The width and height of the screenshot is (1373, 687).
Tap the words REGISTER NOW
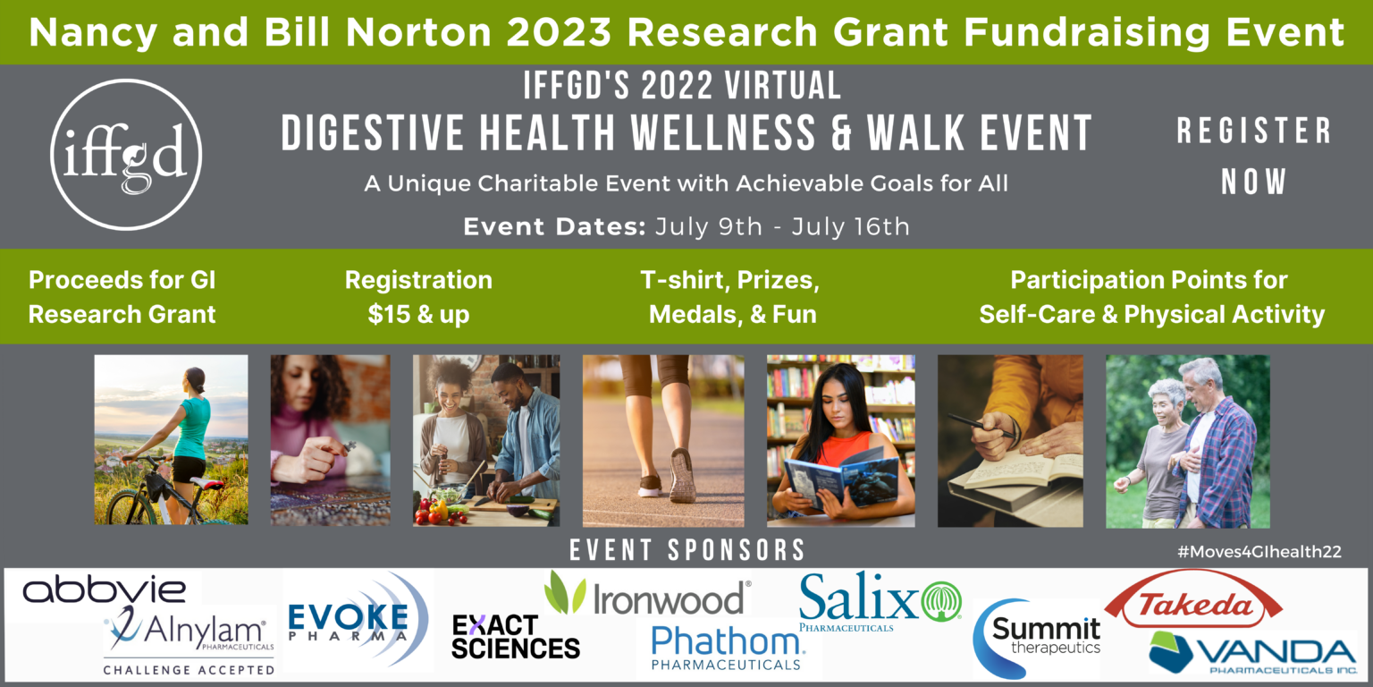tap(1253, 157)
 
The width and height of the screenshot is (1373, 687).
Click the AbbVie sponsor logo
tap(105, 589)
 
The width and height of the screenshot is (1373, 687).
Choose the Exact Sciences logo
tap(516, 637)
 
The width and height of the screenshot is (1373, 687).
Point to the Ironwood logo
tap(647, 594)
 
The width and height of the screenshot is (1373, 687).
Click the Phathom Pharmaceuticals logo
tap(728, 648)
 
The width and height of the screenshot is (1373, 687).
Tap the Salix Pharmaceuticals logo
tap(880, 600)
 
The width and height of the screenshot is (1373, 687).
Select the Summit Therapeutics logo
tap(1037, 638)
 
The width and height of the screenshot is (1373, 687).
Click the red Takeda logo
tap(1193, 600)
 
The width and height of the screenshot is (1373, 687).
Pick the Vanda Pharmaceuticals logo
tap(1253, 654)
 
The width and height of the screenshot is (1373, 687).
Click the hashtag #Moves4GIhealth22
tap(1259, 551)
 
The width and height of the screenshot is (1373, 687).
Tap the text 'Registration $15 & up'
tap(418, 297)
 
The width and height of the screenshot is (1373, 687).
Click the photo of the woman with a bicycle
tap(171, 440)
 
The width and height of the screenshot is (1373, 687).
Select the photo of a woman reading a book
tap(841, 441)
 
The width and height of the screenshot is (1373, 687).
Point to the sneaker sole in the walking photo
tap(683, 475)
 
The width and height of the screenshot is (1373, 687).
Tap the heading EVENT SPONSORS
tap(687, 550)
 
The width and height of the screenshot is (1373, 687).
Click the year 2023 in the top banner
tap(559, 32)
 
